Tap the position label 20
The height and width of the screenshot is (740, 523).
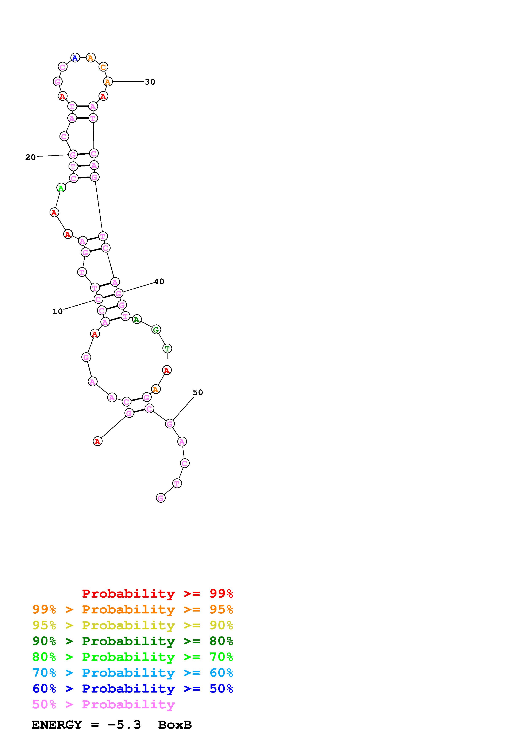[31, 157]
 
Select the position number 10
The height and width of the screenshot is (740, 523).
[57, 312]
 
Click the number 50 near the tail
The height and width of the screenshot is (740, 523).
[198, 393]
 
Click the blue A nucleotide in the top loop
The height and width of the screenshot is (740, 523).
[75, 58]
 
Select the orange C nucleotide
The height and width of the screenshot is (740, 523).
[103, 67]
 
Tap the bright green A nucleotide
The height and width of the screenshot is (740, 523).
[61, 188]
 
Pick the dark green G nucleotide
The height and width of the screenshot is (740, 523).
[156, 330]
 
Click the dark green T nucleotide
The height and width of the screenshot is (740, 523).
[167, 348]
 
